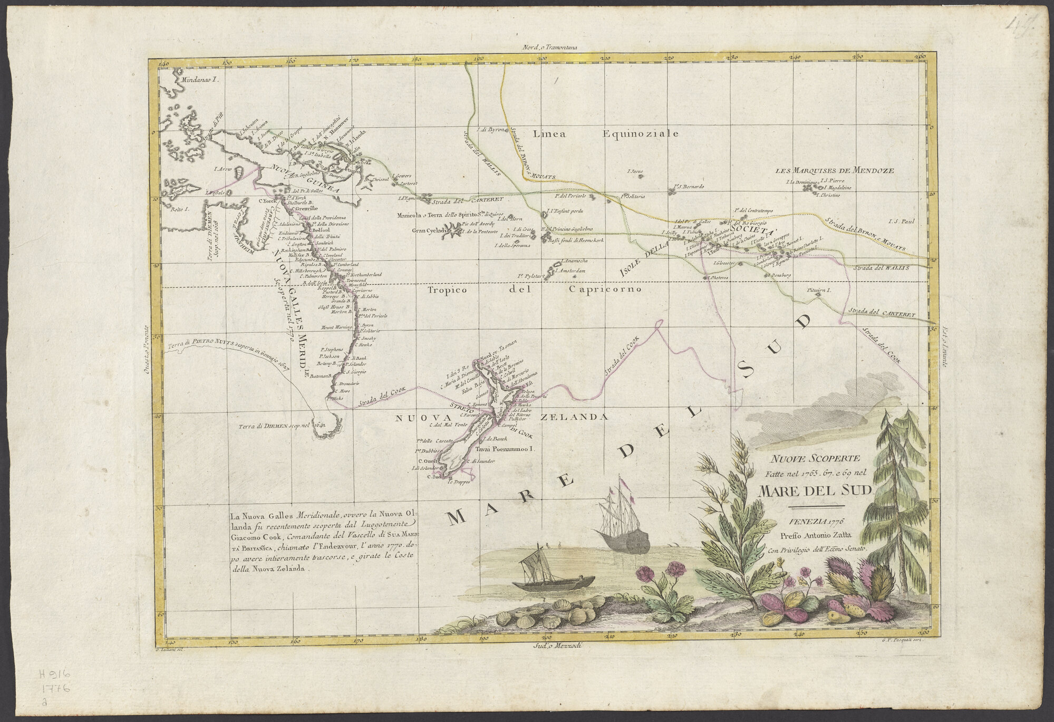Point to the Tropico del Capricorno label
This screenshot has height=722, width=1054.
pyautogui.click(x=533, y=290)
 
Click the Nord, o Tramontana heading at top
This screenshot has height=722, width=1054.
pyautogui.click(x=550, y=47)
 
